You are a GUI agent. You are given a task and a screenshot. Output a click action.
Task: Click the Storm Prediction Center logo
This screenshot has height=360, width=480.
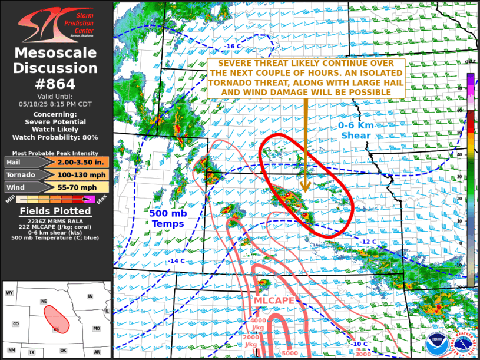[x=56, y=22]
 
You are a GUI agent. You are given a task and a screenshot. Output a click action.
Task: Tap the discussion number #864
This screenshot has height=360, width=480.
[x=56, y=84]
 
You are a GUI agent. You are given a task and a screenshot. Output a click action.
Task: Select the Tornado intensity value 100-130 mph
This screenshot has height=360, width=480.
[x=83, y=174]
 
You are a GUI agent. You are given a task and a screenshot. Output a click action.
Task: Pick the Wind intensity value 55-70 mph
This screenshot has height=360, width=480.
[x=83, y=187]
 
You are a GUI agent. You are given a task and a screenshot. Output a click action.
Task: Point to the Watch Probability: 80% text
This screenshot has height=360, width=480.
[x=57, y=137]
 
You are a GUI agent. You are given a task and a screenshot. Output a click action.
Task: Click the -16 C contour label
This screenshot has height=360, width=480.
[x=233, y=46]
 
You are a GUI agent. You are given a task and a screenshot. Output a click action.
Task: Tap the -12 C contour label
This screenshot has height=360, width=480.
[x=369, y=242]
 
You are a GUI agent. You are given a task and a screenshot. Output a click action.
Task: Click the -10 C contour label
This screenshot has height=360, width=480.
[x=359, y=344]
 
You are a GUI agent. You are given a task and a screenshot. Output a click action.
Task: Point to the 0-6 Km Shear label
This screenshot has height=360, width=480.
[x=355, y=130]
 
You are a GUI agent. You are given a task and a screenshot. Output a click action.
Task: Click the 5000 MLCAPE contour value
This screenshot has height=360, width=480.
[x=290, y=353]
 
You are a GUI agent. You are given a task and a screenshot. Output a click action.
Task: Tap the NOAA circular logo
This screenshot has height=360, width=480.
[x=437, y=342]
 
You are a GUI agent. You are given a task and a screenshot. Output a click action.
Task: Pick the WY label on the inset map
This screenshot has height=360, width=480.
[x=9, y=293]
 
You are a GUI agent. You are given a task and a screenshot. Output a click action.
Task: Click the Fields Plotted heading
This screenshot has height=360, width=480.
[x=56, y=211]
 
